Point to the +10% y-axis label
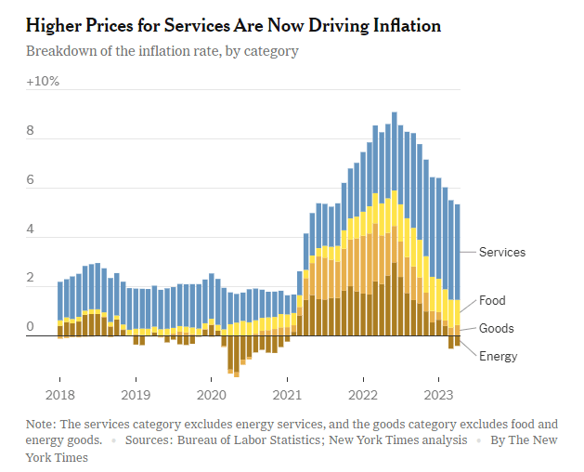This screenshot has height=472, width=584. (x=43, y=82)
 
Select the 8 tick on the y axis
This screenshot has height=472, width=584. (x=30, y=131)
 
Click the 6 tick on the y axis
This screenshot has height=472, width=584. (x=30, y=180)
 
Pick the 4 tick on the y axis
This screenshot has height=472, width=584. (x=30, y=229)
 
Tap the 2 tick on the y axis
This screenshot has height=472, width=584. (x=30, y=279)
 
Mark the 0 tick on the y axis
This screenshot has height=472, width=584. (x=30, y=327)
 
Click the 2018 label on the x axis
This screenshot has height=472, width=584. (x=59, y=381)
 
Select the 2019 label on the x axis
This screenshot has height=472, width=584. (x=136, y=381)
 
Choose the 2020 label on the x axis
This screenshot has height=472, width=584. (x=212, y=381)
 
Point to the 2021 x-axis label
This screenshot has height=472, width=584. (x=288, y=381)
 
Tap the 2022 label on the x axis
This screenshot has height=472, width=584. (x=363, y=381)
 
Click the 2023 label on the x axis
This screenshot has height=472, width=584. (x=439, y=381)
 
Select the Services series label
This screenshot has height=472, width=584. (x=502, y=252)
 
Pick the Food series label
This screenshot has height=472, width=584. (x=492, y=301)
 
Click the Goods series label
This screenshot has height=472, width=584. (x=496, y=328)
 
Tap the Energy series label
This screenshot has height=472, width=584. (x=499, y=356)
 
